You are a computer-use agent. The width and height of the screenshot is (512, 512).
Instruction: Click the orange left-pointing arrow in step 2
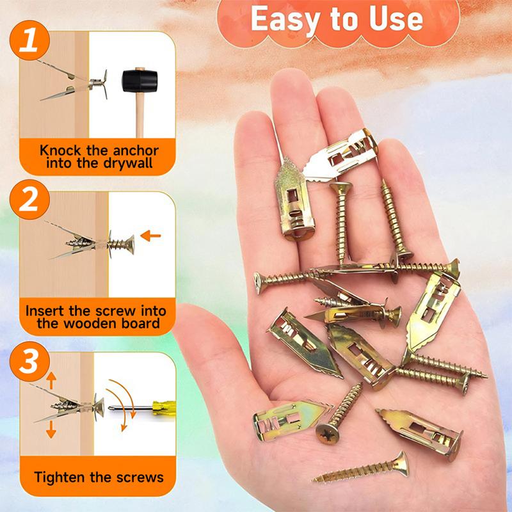[x=151, y=236]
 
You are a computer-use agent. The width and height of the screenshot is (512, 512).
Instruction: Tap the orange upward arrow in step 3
[x=51, y=382]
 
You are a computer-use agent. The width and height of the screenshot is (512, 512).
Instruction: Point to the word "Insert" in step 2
[x=45, y=311]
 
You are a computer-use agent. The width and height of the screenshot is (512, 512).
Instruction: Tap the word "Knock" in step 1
[x=60, y=152]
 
